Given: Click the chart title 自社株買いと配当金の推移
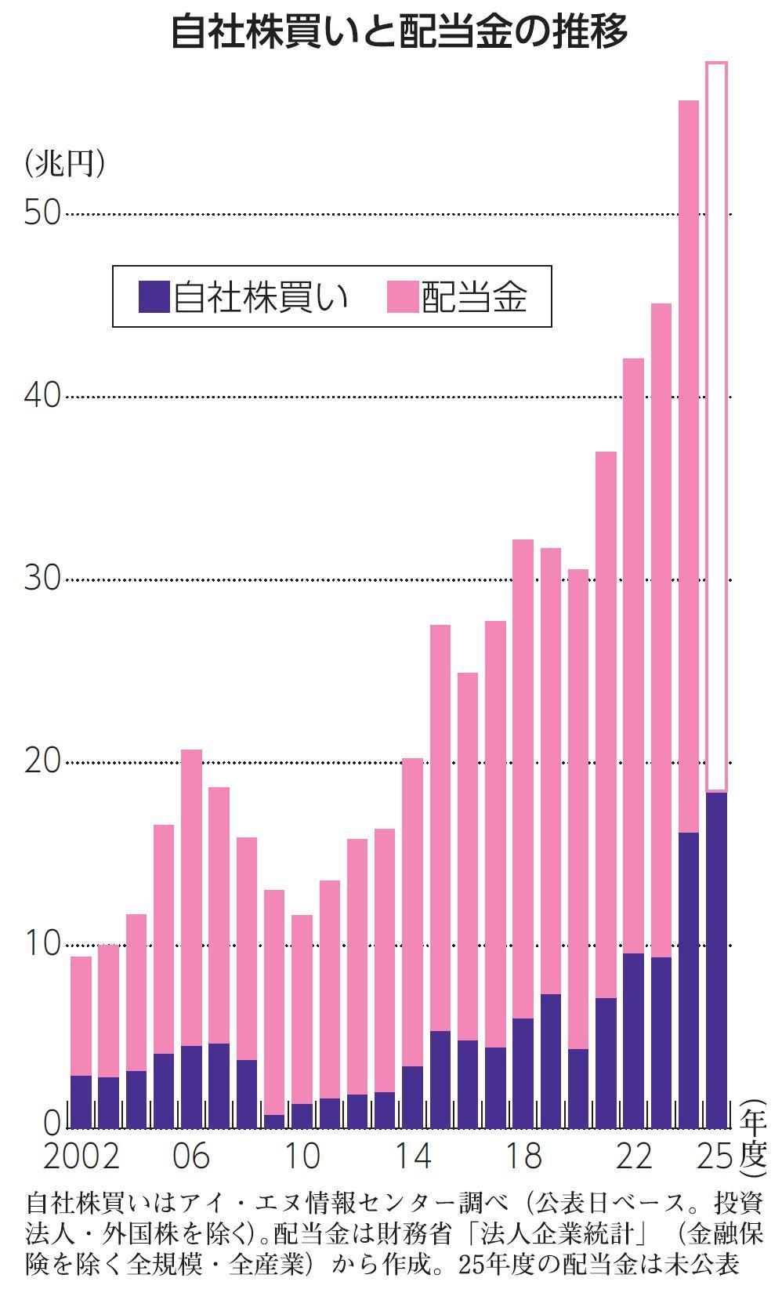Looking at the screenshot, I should [399, 34].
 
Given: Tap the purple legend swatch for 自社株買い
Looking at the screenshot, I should [154, 297].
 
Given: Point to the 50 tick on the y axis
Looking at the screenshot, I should [42, 212].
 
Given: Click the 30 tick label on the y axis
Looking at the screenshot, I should [42, 579].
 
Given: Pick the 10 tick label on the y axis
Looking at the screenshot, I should [42, 945].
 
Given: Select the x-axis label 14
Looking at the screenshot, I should [412, 1156].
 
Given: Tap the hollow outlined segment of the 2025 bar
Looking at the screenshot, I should [716, 423].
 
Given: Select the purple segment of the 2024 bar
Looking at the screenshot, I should [689, 980].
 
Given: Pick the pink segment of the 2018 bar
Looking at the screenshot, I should [523, 776].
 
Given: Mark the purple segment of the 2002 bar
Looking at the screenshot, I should [81, 1102].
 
